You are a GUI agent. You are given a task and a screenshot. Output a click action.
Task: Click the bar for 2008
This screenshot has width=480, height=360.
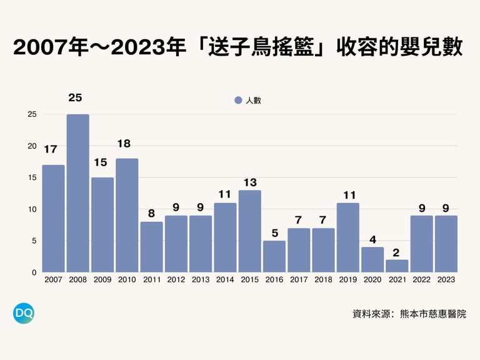(77, 193)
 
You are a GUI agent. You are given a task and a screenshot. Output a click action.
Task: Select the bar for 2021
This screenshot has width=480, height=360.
(397, 266)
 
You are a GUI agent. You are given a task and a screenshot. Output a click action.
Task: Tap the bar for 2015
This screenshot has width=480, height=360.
(249, 231)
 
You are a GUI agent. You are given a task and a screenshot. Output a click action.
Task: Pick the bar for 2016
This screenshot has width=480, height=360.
(274, 256)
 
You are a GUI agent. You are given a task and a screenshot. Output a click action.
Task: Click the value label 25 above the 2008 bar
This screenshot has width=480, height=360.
(76, 97)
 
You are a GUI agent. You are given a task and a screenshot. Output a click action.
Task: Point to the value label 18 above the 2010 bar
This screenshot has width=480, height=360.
(124, 144)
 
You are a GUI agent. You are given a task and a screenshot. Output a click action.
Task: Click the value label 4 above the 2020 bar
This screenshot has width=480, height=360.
(372, 239)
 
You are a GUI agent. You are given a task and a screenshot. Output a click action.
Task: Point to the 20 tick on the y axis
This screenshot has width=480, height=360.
(31, 146)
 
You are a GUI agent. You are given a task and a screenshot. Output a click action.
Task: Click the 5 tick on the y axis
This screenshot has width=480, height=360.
(33, 241)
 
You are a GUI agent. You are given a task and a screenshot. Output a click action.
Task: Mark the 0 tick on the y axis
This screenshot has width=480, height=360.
(33, 272)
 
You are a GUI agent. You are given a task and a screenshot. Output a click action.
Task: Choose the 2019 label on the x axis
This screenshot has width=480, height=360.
(347, 280)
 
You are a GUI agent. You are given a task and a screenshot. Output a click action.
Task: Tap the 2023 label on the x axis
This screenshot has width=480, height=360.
(446, 280)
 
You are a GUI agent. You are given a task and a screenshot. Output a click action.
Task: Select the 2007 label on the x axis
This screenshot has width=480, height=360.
(53, 280)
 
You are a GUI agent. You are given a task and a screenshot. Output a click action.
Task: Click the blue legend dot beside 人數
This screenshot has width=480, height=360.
(237, 101)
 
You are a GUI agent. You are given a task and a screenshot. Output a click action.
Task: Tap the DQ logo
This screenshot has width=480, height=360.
(24, 313)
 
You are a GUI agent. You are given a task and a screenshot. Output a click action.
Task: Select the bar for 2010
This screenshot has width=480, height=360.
(127, 216)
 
